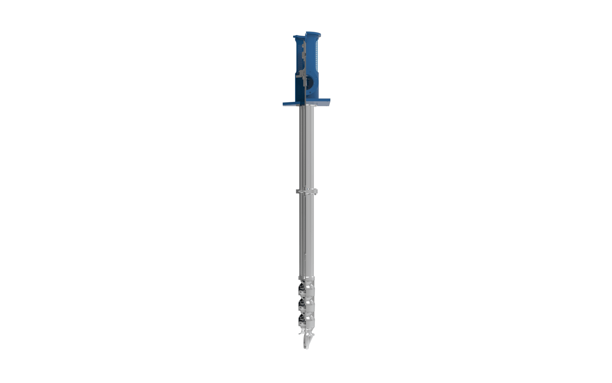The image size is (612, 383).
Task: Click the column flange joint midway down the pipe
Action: click(x=307, y=191)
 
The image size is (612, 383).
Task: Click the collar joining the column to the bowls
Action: click(x=307, y=278)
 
